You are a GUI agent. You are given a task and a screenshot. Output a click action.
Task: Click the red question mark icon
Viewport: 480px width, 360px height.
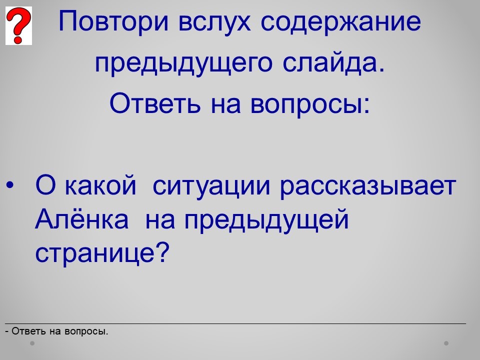tap(18, 25)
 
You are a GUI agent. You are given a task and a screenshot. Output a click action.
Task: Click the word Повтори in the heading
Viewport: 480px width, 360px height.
tap(113, 22)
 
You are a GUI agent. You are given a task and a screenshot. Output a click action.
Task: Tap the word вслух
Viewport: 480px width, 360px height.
tap(214, 22)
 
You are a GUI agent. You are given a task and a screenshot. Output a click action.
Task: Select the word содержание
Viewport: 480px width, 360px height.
tap(340, 22)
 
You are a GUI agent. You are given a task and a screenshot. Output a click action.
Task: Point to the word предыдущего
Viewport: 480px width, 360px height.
tap(183, 63)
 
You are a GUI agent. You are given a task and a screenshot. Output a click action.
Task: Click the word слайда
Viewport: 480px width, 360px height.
tap(333, 63)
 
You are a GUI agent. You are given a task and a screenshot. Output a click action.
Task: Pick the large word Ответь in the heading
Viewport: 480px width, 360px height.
tap(155, 103)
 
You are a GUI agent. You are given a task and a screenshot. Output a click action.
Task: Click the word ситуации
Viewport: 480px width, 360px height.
tap(211, 186)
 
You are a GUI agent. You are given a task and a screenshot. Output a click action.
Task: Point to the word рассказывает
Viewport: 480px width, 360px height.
tap(368, 186)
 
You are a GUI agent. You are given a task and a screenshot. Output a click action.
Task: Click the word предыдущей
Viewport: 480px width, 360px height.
tap(266, 220)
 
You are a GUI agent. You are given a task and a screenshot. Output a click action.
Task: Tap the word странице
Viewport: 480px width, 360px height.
tap(95, 254)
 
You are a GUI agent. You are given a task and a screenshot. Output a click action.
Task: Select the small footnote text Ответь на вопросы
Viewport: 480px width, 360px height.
tap(59, 331)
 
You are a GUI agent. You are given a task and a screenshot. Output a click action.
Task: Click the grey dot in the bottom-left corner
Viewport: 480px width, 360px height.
tap(32, 343)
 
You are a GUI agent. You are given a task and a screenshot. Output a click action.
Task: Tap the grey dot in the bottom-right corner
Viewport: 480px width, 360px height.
tap(446, 343)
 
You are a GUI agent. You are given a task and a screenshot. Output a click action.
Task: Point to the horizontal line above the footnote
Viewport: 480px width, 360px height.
tap(235, 323)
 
